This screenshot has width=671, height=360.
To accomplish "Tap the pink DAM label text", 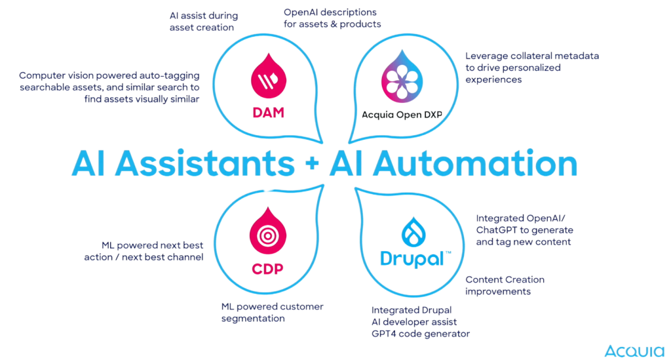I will click(x=269, y=113).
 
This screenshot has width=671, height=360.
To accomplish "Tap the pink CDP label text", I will click(x=267, y=270).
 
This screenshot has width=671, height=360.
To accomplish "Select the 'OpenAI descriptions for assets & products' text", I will click(x=332, y=18).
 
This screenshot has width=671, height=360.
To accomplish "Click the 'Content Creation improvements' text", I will click(x=505, y=286).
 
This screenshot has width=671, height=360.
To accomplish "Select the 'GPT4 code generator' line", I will click(x=421, y=334).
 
